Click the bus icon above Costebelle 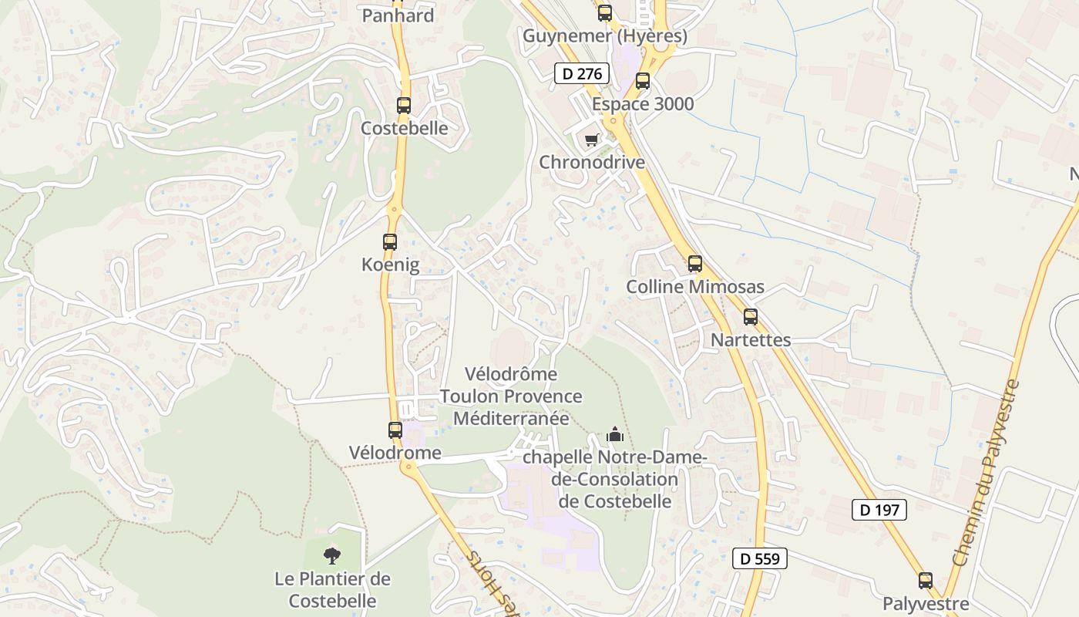pos(404,106)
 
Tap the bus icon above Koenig pos(390,242)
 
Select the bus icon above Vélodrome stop pos(395,430)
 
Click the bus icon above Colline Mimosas pos(695,264)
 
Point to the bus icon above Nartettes pos(751,317)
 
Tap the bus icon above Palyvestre pos(926,581)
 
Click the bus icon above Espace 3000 pos(643,81)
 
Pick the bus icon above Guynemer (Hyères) pos(605,13)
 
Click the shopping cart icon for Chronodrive pos(591,140)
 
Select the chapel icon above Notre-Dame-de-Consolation pos(614,435)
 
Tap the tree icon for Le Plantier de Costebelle pos(332,555)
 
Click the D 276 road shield pos(582,74)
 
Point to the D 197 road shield pos(879,510)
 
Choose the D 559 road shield pos(760,559)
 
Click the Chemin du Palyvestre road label pos(988,470)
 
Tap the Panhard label pos(398,15)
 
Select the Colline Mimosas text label pos(695,287)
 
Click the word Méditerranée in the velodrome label pos(511,419)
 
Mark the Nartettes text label pos(751,340)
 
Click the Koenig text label pos(390,265)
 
